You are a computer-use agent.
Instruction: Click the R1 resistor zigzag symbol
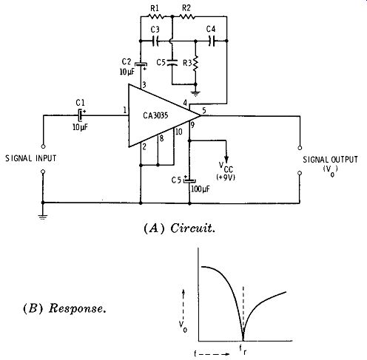click(156, 17)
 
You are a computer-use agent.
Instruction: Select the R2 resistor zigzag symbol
click(187, 17)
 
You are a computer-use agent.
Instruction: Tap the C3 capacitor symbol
click(155, 41)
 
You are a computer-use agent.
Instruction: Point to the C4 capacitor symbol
click(212, 41)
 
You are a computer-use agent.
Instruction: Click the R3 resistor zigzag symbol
click(195, 64)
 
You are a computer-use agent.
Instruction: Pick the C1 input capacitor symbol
click(81, 115)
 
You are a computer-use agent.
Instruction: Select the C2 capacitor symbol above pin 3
click(141, 65)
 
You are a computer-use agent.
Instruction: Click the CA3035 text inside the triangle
click(155, 115)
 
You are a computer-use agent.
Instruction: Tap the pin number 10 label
click(178, 132)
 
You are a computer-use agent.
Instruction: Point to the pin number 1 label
click(125, 110)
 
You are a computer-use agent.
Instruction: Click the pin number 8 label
click(161, 138)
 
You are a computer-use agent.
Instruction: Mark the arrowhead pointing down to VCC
click(226, 159)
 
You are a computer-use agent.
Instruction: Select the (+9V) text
click(226, 177)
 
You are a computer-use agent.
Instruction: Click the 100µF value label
click(201, 189)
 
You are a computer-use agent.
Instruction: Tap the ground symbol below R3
click(195, 94)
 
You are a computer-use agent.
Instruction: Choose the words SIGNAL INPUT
click(31, 158)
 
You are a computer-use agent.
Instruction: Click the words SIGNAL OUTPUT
click(330, 160)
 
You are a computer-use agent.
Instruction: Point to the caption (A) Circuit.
click(179, 228)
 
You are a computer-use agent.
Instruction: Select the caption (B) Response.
click(64, 308)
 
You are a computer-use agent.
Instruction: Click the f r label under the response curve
click(243, 350)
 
